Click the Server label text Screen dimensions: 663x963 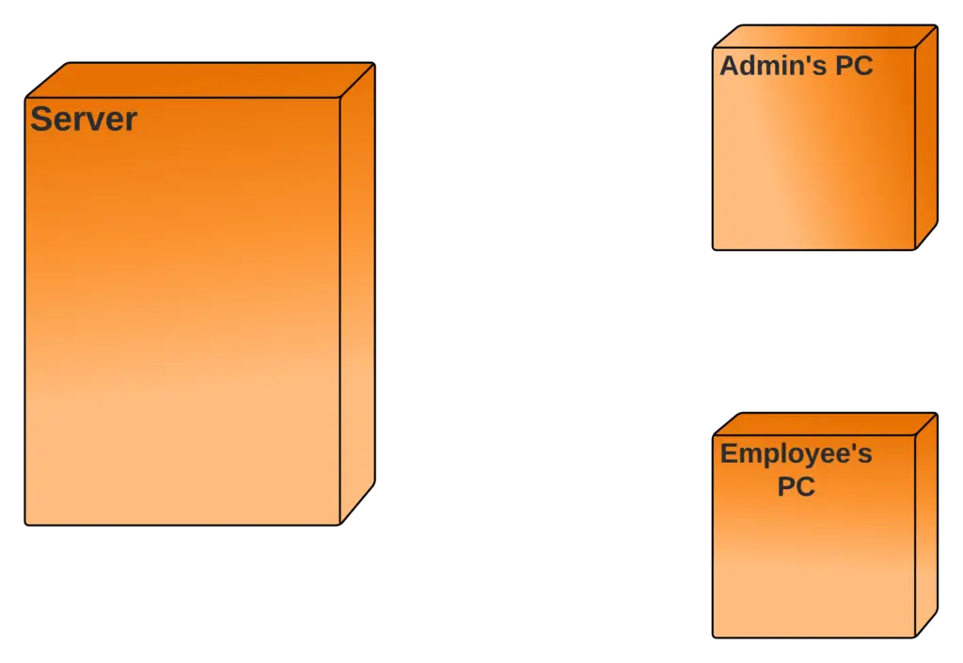click(84, 119)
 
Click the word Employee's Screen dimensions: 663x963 click(796, 454)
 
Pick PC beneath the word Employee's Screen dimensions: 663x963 click(796, 486)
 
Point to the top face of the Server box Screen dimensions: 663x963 click(200, 80)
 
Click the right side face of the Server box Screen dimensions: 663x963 click(357, 292)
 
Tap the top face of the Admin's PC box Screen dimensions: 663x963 click(825, 36)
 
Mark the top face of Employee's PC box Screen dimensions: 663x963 click(825, 424)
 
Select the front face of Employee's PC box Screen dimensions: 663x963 click(813, 564)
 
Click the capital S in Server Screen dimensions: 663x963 click(40, 119)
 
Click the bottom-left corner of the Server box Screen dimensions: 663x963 click(27, 522)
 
